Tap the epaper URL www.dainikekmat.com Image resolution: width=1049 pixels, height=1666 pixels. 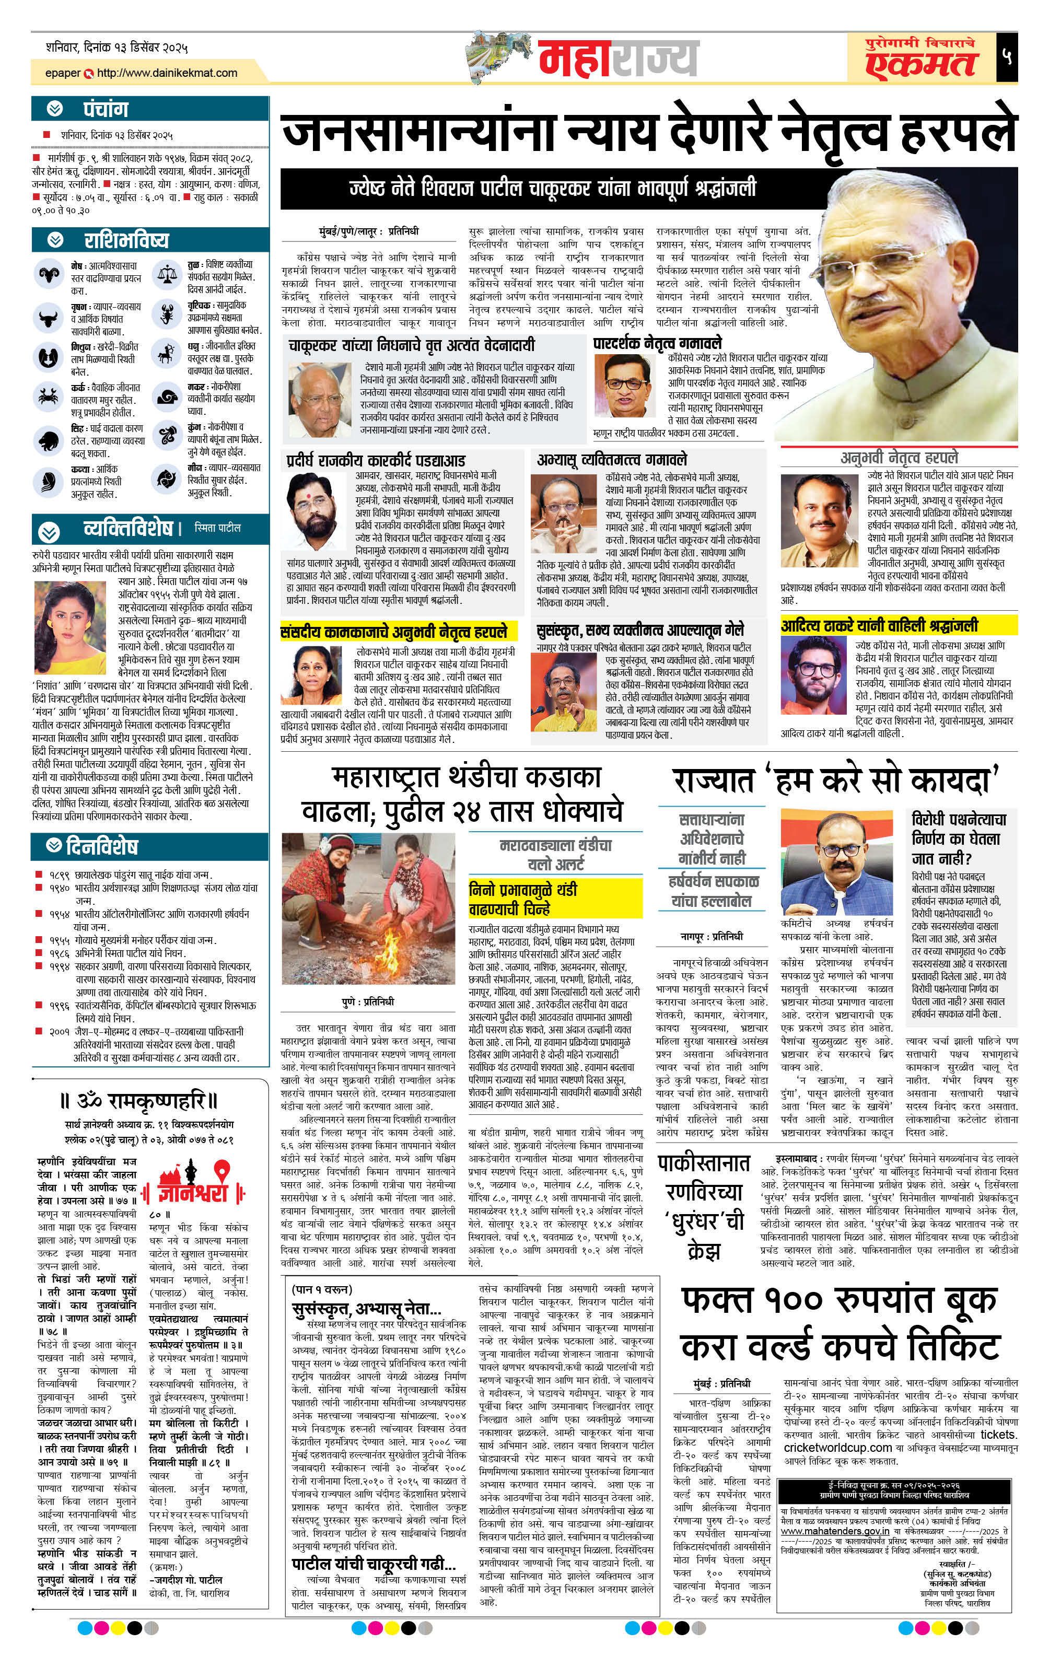point(166,73)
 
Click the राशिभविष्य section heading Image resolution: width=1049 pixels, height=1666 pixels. point(126,240)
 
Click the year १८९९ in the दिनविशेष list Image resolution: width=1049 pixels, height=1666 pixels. point(60,875)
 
